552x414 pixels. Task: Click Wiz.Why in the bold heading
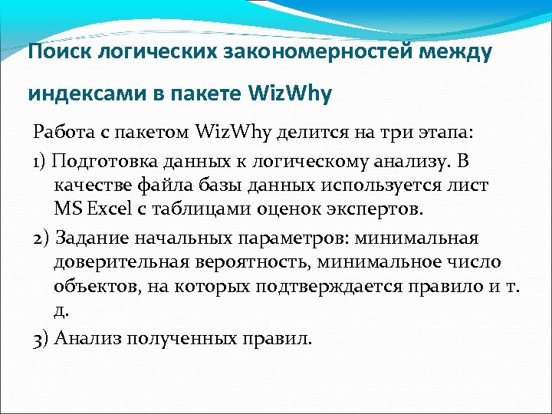coord(291,94)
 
